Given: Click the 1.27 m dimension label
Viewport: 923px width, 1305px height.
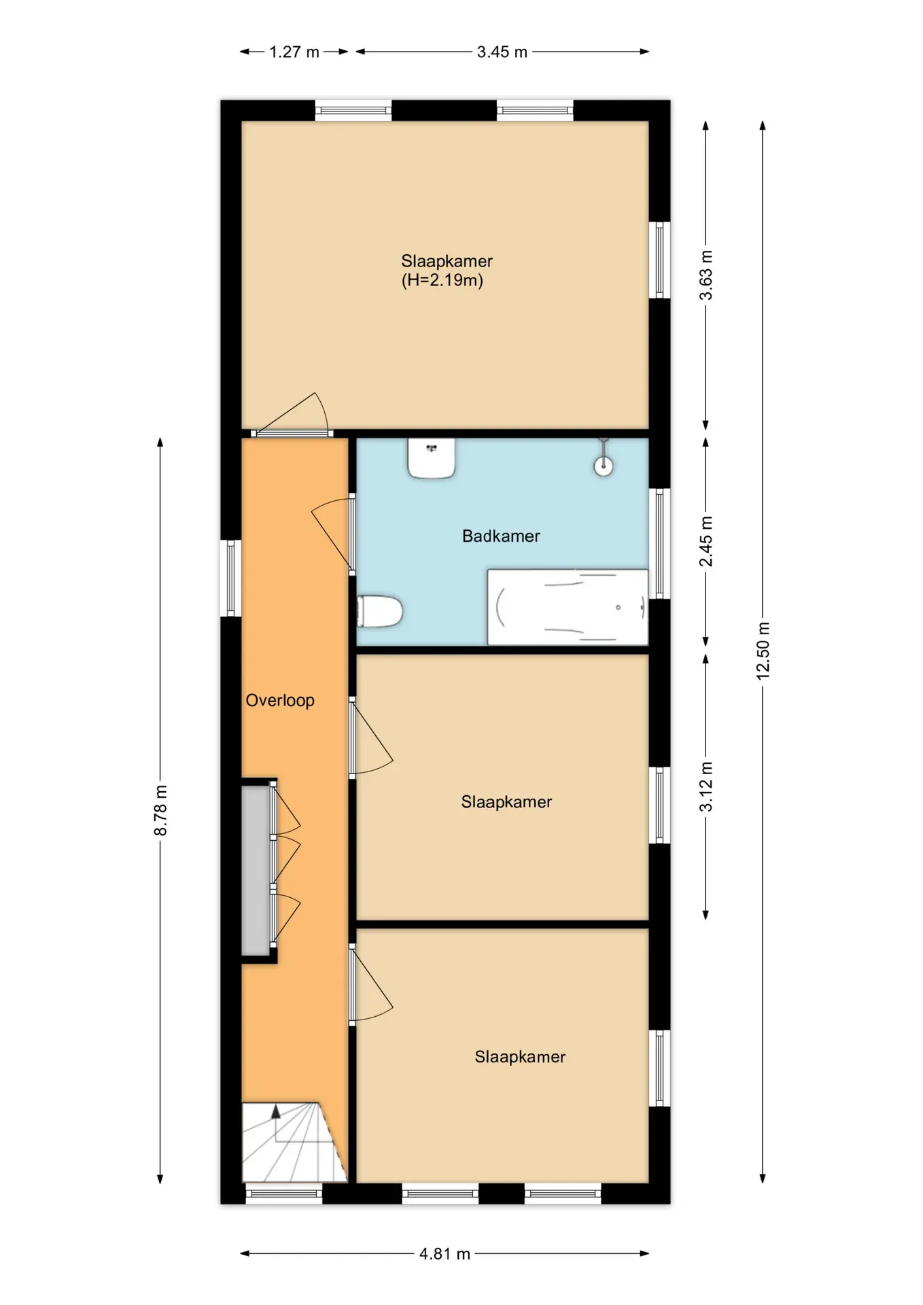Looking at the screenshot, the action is (x=294, y=52).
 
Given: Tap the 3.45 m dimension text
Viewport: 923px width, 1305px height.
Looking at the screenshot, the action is (x=502, y=52).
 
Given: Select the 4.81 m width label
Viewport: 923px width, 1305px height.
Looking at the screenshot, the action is (x=445, y=1254).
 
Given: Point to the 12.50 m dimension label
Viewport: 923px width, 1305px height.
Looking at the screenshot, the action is (x=763, y=650).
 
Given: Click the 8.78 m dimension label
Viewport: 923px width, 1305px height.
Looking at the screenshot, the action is (x=160, y=810).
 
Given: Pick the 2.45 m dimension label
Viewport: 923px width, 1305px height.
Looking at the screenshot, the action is (x=706, y=541).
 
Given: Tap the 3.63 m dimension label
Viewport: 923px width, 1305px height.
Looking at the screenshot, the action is (x=706, y=275).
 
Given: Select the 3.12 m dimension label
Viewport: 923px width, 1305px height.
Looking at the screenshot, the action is (x=706, y=786).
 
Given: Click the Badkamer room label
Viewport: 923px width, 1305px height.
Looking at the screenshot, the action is (x=501, y=536).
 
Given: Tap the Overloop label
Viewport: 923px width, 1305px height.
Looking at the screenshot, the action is (x=280, y=701).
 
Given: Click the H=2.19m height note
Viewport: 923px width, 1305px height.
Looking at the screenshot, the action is (x=442, y=280).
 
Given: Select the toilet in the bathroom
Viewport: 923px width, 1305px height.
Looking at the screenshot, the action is (x=380, y=611).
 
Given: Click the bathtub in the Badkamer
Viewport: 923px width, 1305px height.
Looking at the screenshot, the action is (x=568, y=607).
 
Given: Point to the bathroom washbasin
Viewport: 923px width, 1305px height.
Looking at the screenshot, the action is (x=431, y=458).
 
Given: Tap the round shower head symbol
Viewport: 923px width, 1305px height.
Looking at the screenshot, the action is (x=604, y=466).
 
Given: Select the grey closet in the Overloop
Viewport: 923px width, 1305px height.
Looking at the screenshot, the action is (x=256, y=871).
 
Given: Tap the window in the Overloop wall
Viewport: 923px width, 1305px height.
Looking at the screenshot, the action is (x=231, y=578).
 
